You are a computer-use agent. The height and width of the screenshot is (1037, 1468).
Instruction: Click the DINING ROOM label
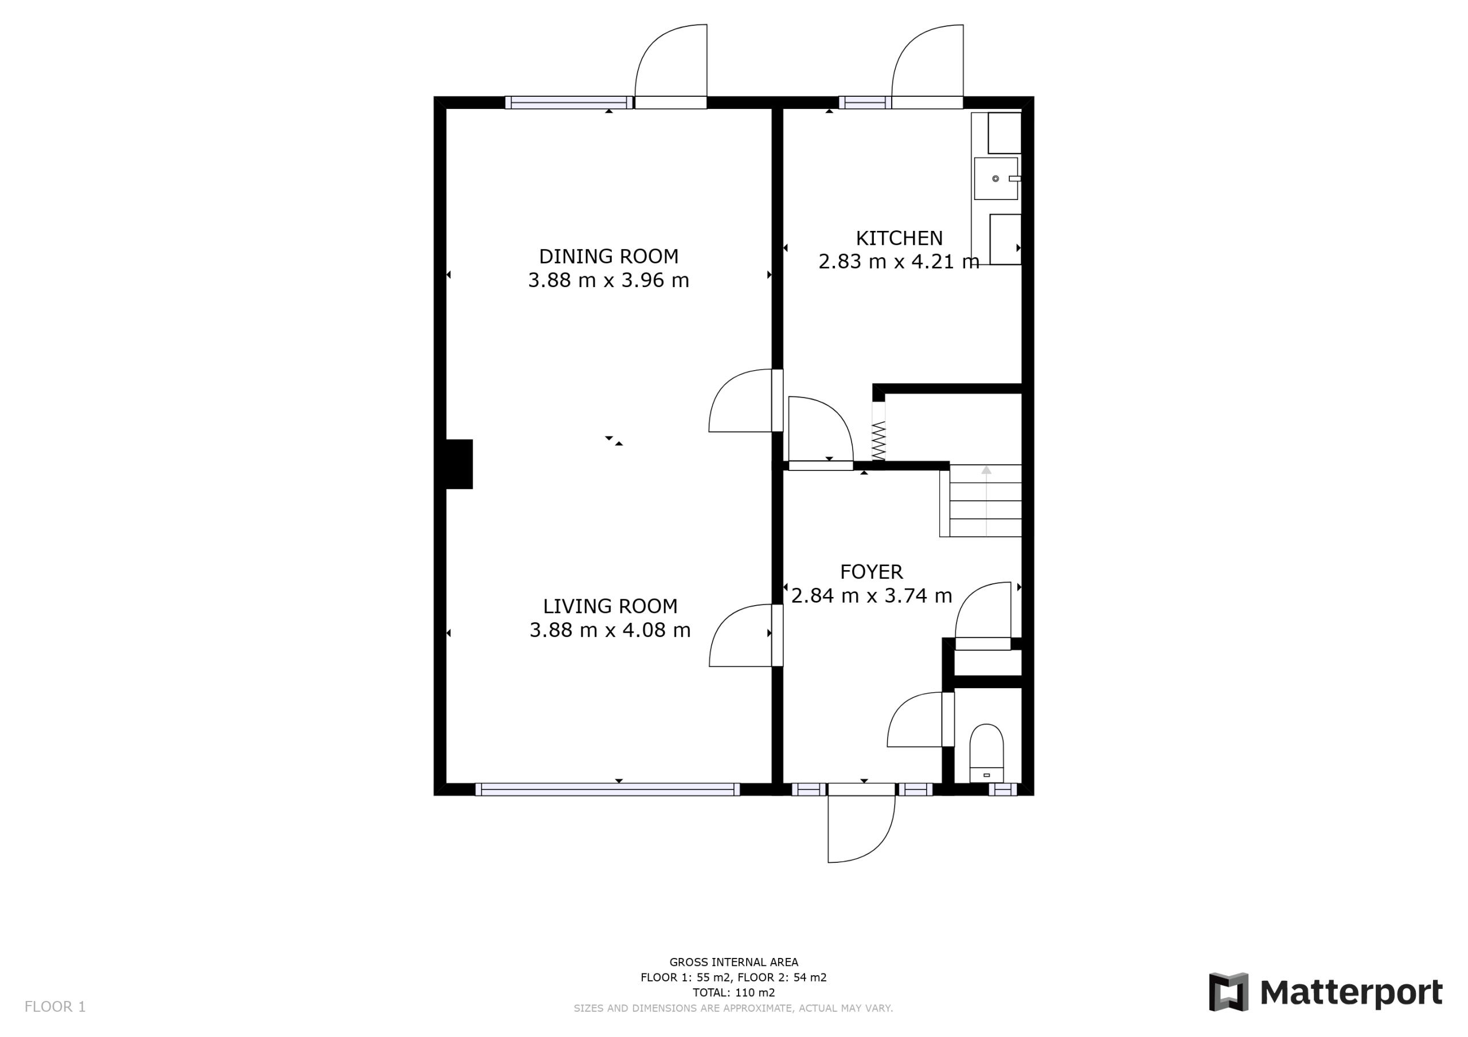(608, 256)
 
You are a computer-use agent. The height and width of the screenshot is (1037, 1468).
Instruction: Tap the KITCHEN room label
(899, 238)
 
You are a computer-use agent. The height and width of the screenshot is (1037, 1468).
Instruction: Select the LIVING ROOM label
(610, 606)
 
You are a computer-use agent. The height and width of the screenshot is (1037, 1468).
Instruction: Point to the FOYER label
(872, 571)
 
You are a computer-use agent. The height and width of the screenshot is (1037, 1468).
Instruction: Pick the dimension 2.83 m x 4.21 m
(899, 261)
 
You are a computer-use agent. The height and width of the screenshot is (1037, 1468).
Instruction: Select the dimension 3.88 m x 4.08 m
(610, 630)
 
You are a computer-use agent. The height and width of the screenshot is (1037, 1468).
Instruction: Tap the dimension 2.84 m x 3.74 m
(872, 595)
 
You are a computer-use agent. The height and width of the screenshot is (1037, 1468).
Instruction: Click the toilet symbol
(986, 753)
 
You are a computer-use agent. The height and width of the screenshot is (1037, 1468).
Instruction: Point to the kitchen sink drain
(995, 179)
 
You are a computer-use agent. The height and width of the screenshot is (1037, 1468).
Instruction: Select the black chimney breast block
(459, 464)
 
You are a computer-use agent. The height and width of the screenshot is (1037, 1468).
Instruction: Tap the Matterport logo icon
(1228, 992)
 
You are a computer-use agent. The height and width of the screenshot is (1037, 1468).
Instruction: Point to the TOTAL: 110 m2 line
(733, 992)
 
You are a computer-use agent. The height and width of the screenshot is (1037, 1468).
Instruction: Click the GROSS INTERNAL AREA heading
(733, 961)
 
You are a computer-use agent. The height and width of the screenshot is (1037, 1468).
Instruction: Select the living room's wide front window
(607, 789)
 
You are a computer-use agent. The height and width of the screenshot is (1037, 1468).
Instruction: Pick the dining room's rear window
(569, 102)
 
